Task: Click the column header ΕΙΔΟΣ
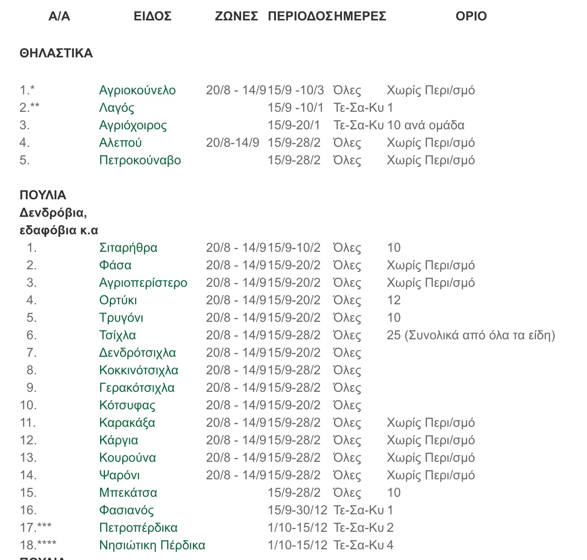pyautogui.click(x=153, y=16)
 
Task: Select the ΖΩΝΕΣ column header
pyautogui.click(x=236, y=16)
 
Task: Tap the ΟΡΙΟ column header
pyautogui.click(x=471, y=16)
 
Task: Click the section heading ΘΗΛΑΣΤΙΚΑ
pyautogui.click(x=56, y=53)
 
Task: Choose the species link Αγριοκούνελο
pyautogui.click(x=138, y=90)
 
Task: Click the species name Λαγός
pyautogui.click(x=117, y=107)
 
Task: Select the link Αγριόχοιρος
pyautogui.click(x=133, y=125)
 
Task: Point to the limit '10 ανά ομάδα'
pyautogui.click(x=426, y=125)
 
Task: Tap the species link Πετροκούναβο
pyautogui.click(x=140, y=160)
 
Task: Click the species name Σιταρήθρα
pyautogui.click(x=128, y=247)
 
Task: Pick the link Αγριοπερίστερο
pyautogui.click(x=143, y=282)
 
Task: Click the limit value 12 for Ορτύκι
pyautogui.click(x=394, y=300)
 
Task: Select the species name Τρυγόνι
pyautogui.click(x=121, y=317)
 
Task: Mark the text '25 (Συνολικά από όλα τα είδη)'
pyautogui.click(x=470, y=335)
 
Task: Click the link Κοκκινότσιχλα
pyautogui.click(x=138, y=370)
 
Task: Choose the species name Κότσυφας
pyautogui.click(x=127, y=405)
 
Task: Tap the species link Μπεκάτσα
pyautogui.click(x=128, y=492)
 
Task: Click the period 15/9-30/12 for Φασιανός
pyautogui.click(x=297, y=510)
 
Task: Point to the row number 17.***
pyautogui.click(x=35, y=527)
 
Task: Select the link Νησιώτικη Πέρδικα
pyautogui.click(x=152, y=545)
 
